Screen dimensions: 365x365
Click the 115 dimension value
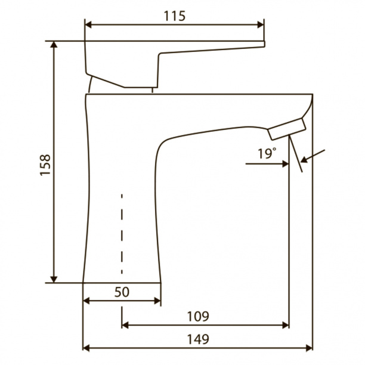coord(175,16)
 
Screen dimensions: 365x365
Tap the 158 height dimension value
coord(45,165)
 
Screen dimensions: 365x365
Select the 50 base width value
coord(122,292)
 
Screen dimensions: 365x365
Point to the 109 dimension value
coord(198,316)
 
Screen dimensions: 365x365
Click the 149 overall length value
coord(198,339)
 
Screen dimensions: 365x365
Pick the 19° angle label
coord(267,153)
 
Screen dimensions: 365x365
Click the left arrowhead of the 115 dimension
coord(88,24)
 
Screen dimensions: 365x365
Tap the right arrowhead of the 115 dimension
coord(261,24)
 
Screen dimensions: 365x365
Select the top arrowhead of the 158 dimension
coord(54,45)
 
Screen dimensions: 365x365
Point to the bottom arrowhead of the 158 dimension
coord(54,280)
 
